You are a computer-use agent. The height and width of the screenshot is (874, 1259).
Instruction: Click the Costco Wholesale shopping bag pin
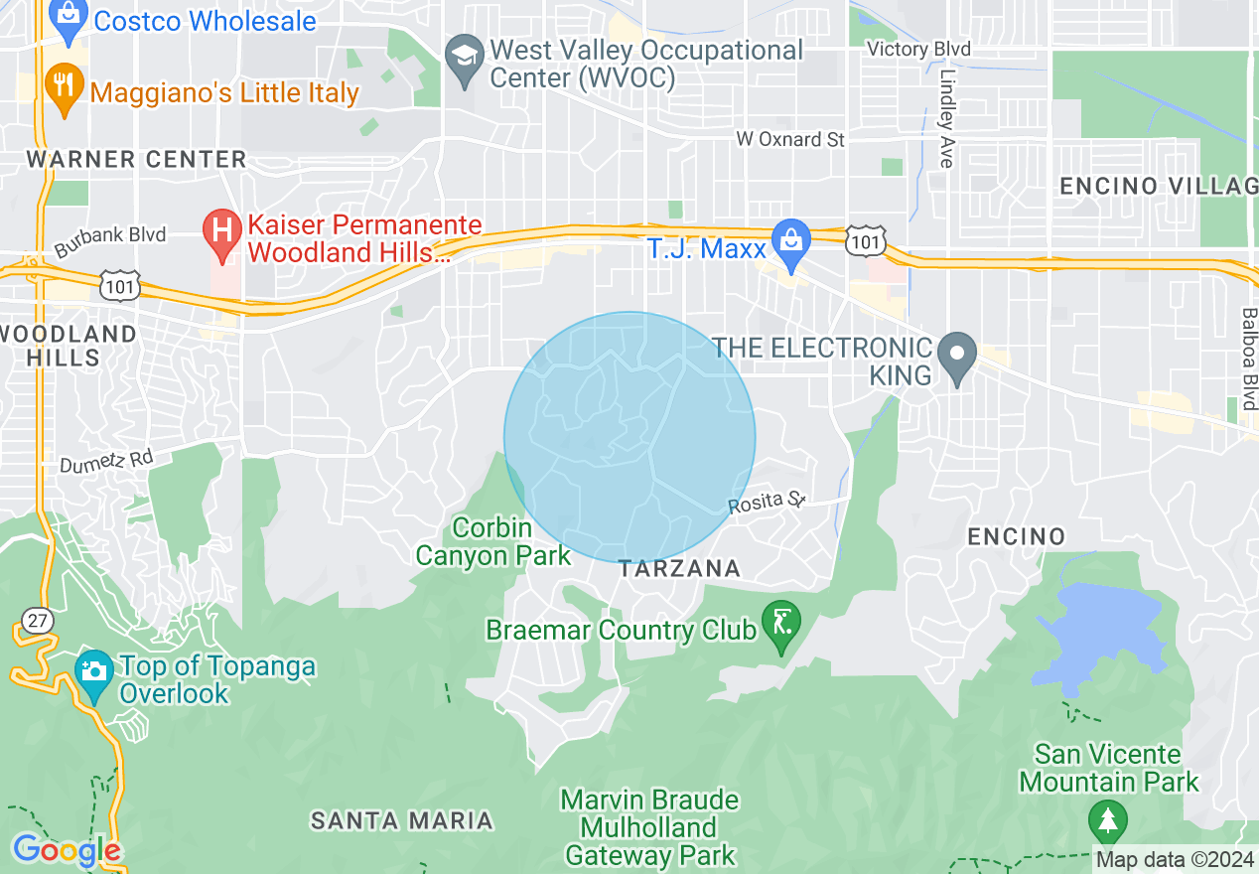(x=68, y=20)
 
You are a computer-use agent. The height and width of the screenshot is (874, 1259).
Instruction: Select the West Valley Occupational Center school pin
(x=463, y=60)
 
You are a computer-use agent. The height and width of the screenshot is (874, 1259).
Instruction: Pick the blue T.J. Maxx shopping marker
(x=791, y=244)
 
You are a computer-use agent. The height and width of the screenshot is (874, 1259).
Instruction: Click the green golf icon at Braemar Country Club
(x=780, y=627)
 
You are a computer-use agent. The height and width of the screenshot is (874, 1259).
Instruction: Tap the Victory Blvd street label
(x=918, y=49)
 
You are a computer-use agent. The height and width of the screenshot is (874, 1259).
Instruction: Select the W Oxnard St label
(x=790, y=139)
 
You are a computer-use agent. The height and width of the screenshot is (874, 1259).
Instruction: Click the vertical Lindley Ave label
(x=945, y=117)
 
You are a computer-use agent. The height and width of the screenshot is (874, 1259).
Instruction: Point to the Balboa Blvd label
(x=1248, y=352)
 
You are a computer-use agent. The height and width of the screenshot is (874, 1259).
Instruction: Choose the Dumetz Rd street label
(x=106, y=461)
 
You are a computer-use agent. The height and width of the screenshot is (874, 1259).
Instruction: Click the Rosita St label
(x=766, y=503)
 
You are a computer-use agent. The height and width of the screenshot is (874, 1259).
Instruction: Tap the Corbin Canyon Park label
(x=492, y=541)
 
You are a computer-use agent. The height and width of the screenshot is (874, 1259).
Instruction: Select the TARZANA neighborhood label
(x=679, y=568)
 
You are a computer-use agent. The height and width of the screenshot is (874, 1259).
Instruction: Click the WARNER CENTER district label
(x=136, y=159)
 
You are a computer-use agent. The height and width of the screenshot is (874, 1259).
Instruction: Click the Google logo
(x=67, y=850)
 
